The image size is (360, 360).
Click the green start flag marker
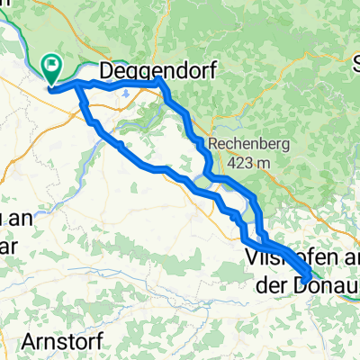point(51,65)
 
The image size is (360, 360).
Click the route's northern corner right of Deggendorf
point(159,81)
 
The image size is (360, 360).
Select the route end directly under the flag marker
point(51,88)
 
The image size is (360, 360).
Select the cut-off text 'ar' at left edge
point(6,238)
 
